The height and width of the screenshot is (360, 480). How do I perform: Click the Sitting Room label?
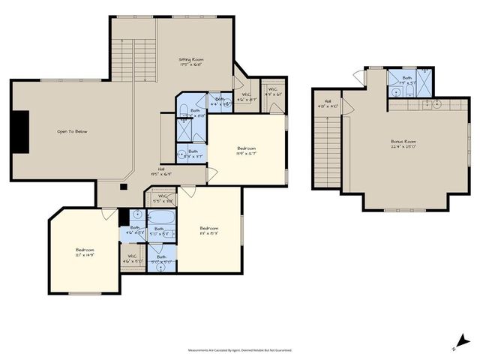click(190, 61)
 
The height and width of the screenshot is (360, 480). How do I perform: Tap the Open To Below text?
click(72, 131)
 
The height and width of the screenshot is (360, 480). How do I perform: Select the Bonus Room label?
click(403, 143)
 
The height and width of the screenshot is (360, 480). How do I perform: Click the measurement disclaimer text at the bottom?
click(240, 350)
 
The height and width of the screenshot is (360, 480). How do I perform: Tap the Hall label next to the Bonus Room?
click(328, 103)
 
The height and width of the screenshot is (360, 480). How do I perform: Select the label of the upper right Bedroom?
click(247, 151)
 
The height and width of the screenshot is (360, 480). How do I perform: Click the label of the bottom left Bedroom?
click(85, 252)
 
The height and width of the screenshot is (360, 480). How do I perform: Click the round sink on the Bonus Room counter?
click(436, 103)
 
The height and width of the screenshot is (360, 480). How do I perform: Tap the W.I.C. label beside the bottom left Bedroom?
click(131, 259)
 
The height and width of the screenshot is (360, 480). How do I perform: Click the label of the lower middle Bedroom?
click(209, 230)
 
